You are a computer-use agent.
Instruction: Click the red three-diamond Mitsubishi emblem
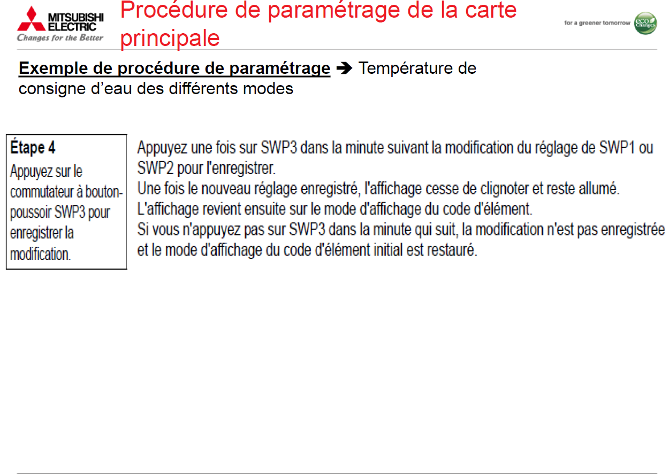pyautogui.click(x=32, y=19)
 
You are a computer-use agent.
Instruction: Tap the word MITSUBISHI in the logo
pyautogui.click(x=76, y=18)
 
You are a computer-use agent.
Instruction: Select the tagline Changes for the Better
pyautogui.click(x=60, y=37)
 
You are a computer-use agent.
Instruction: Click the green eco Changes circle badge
pyautogui.click(x=645, y=24)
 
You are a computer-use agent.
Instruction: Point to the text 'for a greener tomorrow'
pyautogui.click(x=597, y=23)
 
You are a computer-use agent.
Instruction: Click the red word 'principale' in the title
pyautogui.click(x=170, y=38)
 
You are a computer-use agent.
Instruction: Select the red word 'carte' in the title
pyautogui.click(x=491, y=10)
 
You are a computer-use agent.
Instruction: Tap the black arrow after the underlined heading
pyautogui.click(x=344, y=68)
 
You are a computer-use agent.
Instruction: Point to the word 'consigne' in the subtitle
pyautogui.click(x=52, y=89)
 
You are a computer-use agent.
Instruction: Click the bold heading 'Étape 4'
pyautogui.click(x=33, y=147)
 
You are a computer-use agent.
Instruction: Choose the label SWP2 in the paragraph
pyautogui.click(x=155, y=168)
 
